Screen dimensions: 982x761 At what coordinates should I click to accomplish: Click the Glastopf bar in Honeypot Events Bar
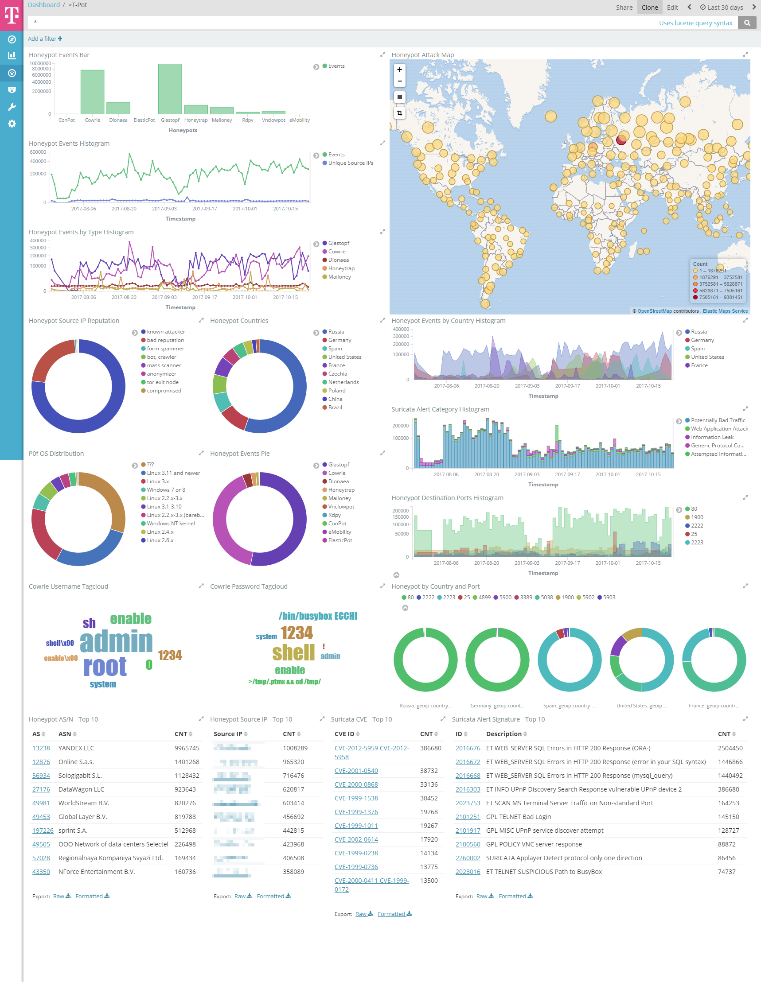coord(170,89)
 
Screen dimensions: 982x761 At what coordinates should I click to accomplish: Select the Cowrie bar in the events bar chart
coord(92,92)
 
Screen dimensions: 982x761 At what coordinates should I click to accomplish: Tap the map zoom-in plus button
coord(399,70)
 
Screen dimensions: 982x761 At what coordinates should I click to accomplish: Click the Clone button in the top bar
coord(649,7)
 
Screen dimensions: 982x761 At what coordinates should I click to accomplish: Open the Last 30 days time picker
coord(722,7)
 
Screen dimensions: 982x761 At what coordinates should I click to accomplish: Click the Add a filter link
coord(45,39)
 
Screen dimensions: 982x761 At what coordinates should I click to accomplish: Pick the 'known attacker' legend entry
coord(166,332)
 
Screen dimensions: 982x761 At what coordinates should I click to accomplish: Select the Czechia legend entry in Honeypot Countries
coord(338,374)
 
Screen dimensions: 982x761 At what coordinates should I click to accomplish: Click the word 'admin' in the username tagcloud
coord(116,641)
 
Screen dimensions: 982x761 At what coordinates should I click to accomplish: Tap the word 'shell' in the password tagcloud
coord(293,652)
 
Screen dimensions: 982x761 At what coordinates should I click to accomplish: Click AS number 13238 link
coord(41,748)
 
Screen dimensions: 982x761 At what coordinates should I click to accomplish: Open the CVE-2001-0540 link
coord(356,771)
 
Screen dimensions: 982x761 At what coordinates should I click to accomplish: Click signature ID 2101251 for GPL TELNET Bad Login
coord(468,816)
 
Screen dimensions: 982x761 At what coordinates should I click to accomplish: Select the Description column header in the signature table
coord(503,734)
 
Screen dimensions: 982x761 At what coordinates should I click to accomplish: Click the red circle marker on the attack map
coord(621,140)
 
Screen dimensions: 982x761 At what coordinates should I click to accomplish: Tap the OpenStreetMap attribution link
coord(654,311)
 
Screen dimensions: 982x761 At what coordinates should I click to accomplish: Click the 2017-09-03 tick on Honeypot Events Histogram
coord(164,209)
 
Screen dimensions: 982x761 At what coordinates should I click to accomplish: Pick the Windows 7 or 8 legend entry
coord(166,489)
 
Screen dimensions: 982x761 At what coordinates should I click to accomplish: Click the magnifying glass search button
coord(747,23)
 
